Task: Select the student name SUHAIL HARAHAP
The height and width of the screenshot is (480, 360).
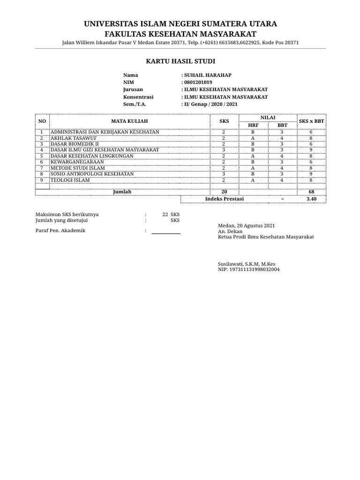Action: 208,75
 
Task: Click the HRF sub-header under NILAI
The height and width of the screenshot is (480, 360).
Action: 253,125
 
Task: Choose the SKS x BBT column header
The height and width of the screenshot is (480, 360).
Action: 311,121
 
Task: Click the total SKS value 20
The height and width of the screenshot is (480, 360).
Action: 224,192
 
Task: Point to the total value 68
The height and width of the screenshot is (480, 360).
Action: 311,192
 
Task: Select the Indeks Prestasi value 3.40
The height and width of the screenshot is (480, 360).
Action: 311,199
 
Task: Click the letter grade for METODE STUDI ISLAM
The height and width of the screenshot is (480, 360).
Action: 253,168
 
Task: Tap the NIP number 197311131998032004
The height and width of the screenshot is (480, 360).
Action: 248,270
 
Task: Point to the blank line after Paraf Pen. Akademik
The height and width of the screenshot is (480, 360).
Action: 165,232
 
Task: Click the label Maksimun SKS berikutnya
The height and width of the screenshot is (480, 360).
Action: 67,214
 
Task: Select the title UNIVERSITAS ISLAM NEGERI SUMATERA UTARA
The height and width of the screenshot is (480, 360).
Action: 180,24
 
